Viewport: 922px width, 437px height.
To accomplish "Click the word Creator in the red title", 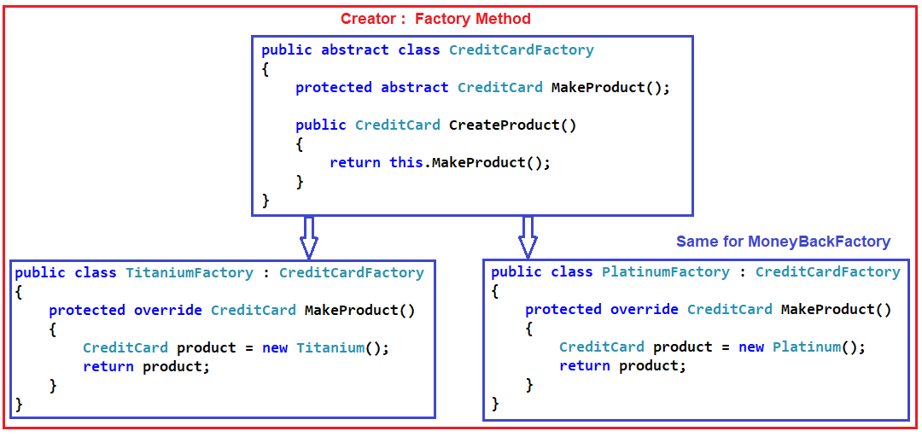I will (367, 19).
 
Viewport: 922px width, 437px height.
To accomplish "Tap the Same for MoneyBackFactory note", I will (783, 242).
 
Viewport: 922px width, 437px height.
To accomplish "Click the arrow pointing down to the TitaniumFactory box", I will (308, 237).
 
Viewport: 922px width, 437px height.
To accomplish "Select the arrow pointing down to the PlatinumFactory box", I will (528, 237).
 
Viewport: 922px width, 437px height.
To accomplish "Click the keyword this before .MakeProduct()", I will (406, 162).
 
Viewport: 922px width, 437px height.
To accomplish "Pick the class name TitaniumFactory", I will (189, 273).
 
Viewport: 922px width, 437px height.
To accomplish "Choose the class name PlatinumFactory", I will (665, 272).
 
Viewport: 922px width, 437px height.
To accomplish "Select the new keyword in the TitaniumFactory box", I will (274, 348).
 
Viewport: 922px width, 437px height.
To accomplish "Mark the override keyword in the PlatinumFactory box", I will (644, 310).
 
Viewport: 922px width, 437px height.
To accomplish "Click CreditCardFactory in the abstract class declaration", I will (521, 50).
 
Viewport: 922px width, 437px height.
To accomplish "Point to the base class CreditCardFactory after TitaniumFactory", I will (351, 273).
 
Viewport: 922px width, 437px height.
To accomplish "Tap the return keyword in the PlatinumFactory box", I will (585, 366).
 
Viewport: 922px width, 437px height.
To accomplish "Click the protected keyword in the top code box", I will (334, 87).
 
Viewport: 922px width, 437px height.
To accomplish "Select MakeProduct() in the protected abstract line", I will (610, 87).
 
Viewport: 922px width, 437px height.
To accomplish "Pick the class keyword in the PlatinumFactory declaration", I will (571, 272).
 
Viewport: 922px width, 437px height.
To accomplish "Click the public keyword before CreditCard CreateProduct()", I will (321, 125).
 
